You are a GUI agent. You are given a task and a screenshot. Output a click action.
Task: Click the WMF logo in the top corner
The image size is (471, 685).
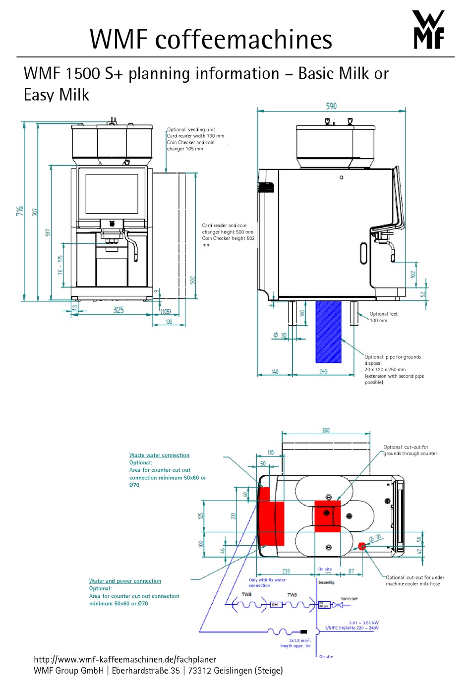428,30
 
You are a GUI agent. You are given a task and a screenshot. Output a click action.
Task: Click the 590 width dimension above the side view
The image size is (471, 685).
331,106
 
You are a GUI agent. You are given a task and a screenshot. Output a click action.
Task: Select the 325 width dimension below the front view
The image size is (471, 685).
118,310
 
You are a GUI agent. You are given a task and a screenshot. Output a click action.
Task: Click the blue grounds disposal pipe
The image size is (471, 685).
328,331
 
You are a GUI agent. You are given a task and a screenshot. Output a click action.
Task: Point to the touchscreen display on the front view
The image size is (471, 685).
112,194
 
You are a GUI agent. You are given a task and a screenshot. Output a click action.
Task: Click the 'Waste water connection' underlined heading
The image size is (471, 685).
159,455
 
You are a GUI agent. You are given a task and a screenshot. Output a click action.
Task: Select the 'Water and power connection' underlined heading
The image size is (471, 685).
125,581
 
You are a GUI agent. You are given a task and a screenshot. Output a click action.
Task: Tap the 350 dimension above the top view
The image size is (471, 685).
326,430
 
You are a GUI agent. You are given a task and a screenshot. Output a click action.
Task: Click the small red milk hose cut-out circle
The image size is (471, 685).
362,546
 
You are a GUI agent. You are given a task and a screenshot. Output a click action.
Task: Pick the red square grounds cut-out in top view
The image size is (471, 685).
327,516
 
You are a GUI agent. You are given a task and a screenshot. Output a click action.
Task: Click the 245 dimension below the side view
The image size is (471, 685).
323,371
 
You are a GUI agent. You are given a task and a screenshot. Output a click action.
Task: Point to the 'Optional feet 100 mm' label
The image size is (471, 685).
383,317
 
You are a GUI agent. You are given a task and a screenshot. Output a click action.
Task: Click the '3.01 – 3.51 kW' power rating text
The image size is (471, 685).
363,623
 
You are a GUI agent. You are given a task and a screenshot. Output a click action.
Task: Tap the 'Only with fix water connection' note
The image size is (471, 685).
267,582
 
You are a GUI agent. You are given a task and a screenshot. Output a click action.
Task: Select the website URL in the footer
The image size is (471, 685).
125,659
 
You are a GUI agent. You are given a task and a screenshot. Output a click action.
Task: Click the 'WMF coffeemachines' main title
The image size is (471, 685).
211,39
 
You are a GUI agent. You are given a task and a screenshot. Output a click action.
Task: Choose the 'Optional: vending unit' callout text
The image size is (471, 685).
191,129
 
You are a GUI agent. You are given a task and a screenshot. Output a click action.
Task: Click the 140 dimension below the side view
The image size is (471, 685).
275,371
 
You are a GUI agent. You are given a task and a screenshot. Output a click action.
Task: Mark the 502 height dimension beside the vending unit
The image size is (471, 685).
193,280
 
